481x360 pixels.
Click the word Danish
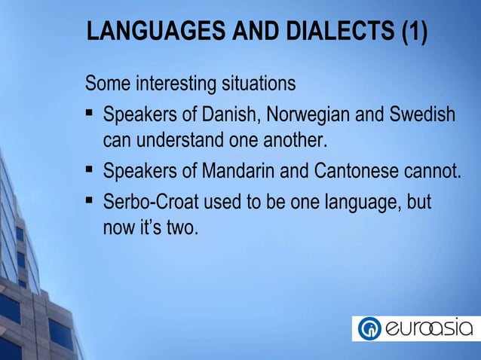pos(227,116)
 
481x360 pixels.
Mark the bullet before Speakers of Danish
pos(89,115)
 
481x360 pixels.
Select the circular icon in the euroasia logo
pos(369,329)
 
